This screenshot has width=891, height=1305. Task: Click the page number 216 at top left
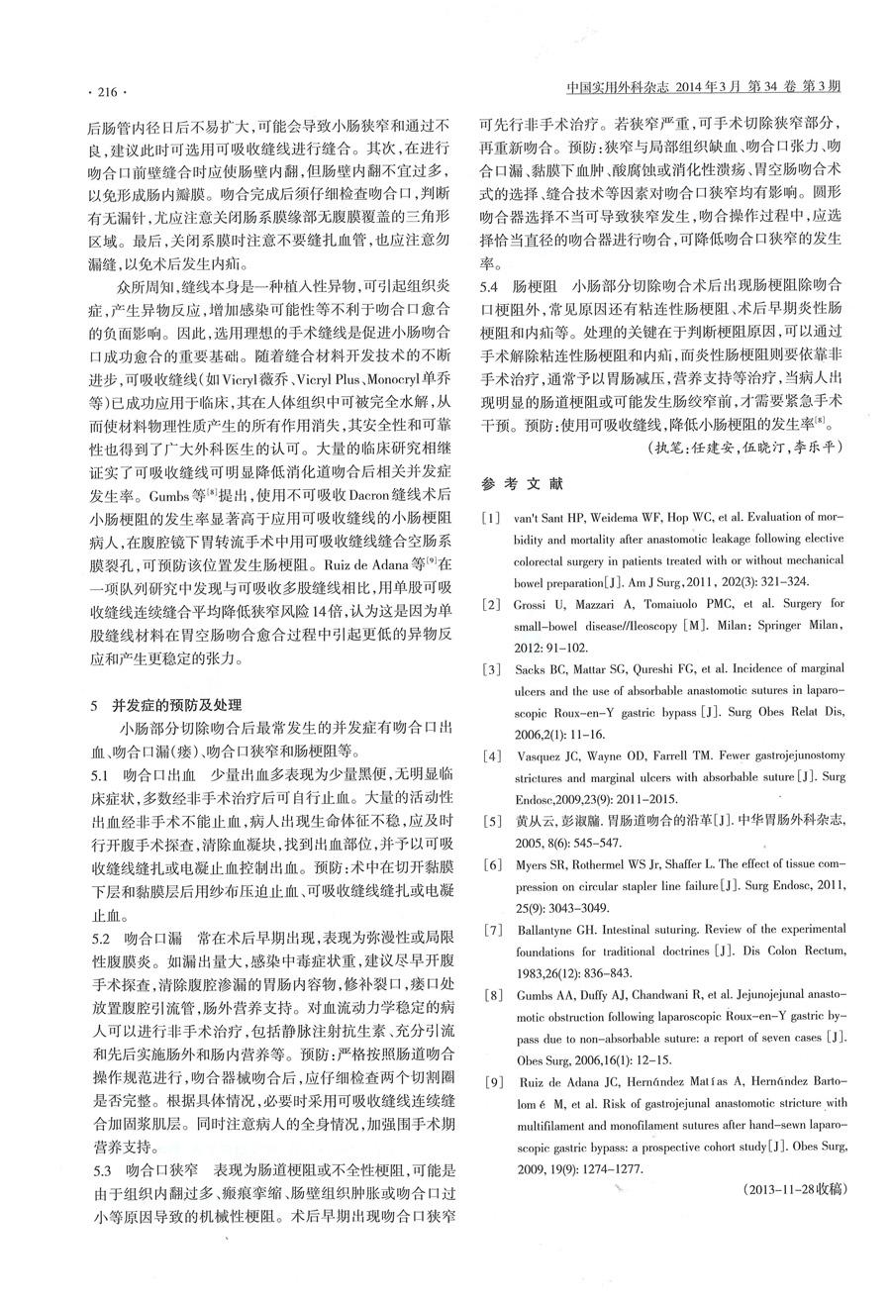103,92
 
